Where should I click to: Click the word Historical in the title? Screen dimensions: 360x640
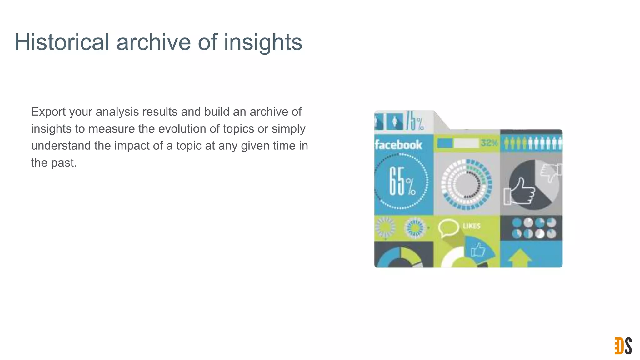62,42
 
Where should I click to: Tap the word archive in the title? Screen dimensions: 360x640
153,42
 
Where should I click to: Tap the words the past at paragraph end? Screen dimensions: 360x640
53,162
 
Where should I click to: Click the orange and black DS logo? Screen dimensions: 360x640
623,346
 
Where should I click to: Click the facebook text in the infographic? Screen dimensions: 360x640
398,145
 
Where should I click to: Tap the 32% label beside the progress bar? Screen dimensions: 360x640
489,143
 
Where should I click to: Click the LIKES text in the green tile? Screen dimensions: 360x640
471,226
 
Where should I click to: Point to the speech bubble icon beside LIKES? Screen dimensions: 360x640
448,228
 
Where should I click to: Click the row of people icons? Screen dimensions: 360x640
532,143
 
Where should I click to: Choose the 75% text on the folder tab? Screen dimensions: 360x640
415,122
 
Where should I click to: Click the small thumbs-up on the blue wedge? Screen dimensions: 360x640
478,250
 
